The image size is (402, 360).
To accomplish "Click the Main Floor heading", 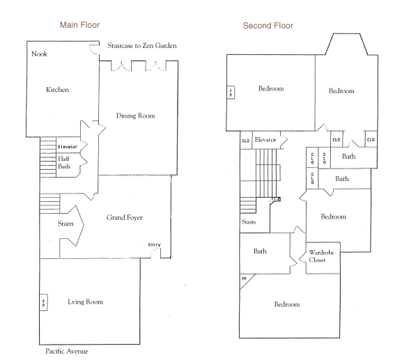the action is tap(79, 25).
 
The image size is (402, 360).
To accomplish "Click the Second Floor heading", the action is tap(268, 26).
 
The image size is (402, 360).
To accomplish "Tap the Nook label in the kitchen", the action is tap(39, 54).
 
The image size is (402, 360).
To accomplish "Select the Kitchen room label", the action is tap(57, 90).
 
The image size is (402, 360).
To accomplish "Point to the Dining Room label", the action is tap(135, 116).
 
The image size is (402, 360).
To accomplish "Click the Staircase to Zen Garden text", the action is tap(142, 45).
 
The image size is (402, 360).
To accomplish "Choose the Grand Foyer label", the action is tap(124, 217).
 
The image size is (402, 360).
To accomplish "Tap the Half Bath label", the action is tap(64, 162).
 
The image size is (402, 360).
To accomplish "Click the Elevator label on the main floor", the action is tap(68, 147).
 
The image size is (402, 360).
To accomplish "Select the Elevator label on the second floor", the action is tap(265, 140).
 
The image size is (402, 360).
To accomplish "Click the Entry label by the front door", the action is tap(155, 244).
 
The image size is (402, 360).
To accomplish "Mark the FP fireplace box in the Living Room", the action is tap(43, 303).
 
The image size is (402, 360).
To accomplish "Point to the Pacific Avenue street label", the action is tap(67, 351).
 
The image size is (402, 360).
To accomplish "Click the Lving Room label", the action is tap(86, 302).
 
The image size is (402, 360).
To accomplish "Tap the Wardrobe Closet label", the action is tap(321, 256).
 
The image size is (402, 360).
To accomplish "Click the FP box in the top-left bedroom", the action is tap(231, 93).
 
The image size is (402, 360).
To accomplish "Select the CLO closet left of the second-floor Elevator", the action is tap(246, 141).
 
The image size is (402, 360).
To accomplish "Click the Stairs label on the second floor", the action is tap(249, 222).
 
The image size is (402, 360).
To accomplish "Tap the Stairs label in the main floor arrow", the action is tap(65, 224).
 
